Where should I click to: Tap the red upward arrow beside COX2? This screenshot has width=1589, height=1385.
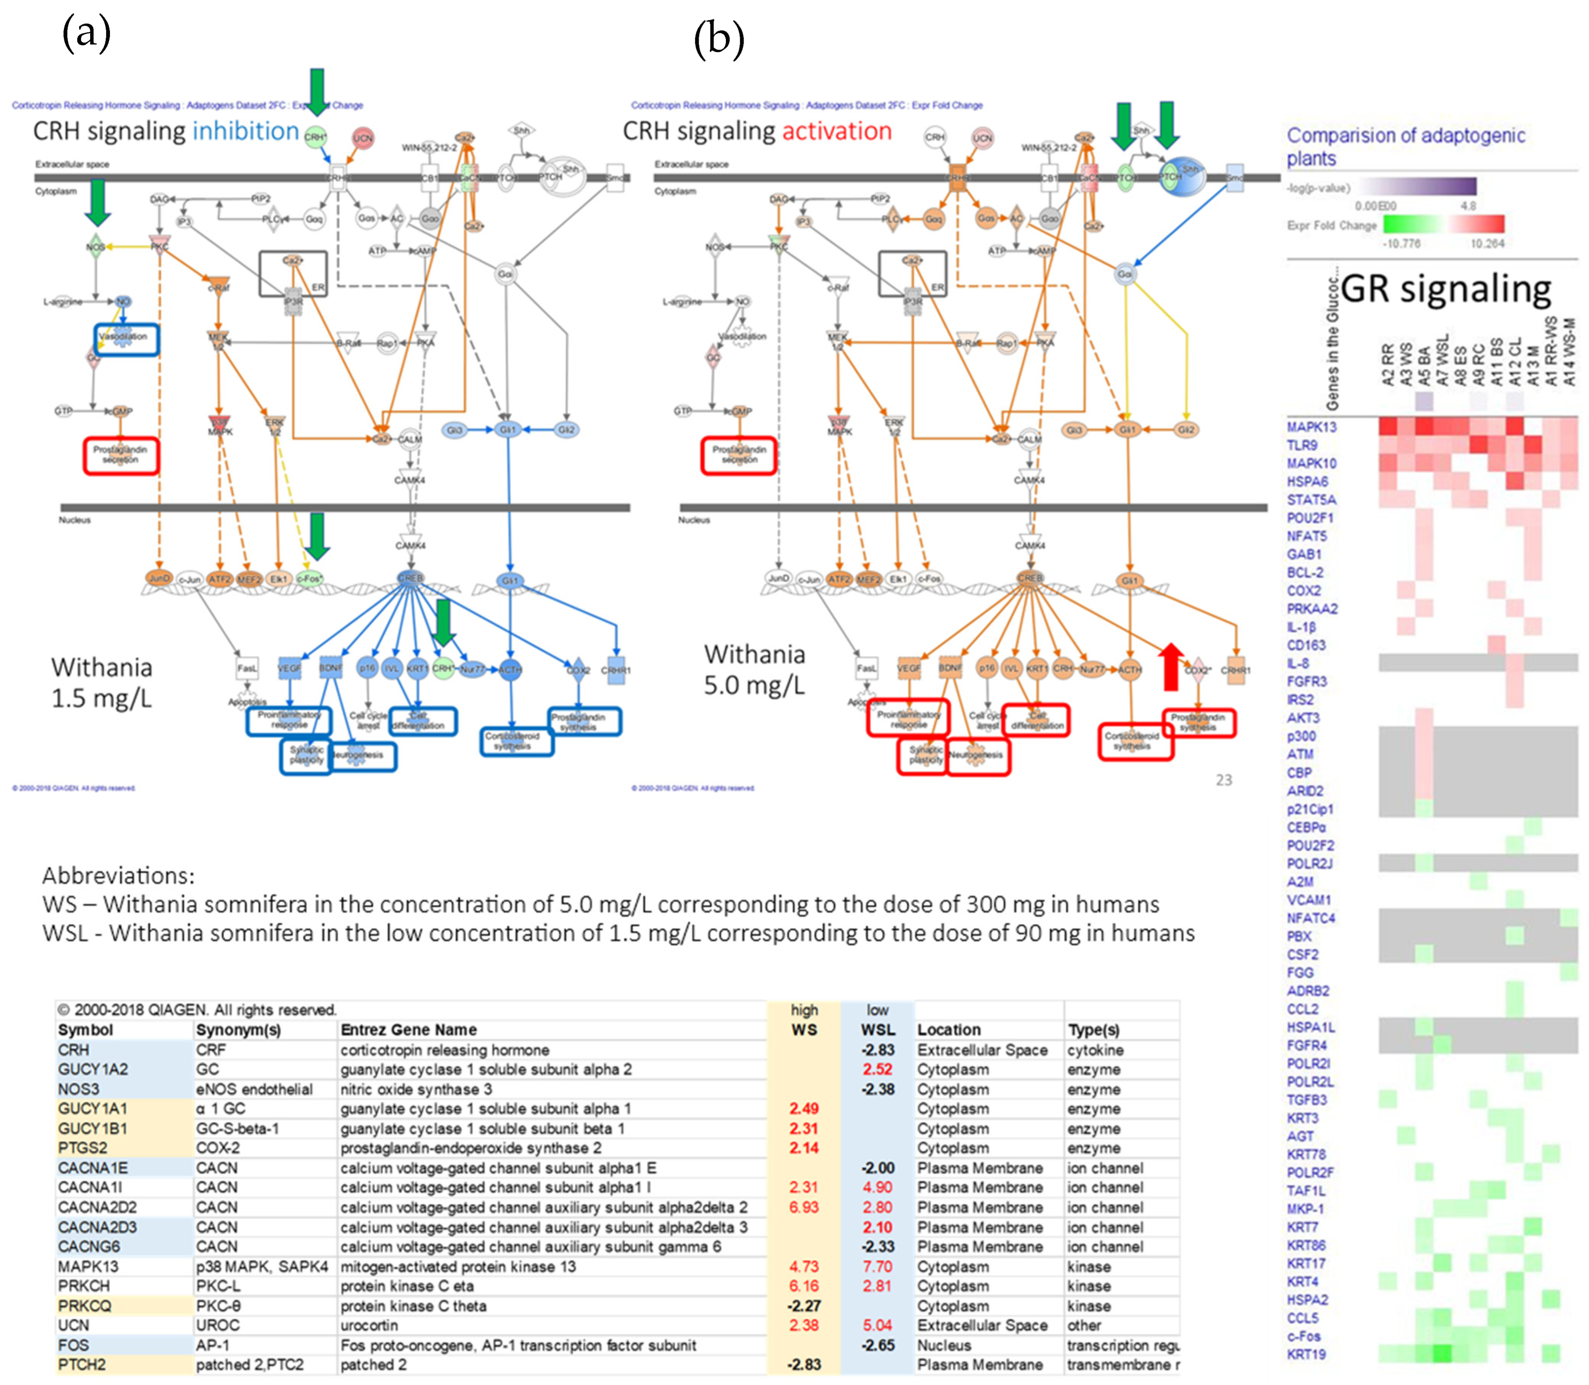coord(1171,666)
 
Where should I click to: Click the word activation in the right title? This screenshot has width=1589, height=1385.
coord(836,131)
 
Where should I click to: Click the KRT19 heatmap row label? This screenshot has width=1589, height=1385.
coord(1306,1354)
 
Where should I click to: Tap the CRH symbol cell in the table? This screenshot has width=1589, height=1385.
coord(73,1050)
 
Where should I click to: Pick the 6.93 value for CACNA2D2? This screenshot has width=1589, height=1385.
coord(804,1207)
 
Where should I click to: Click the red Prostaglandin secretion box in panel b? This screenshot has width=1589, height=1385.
coord(739,455)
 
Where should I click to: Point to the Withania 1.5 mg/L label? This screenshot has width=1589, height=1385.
coord(101,682)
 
